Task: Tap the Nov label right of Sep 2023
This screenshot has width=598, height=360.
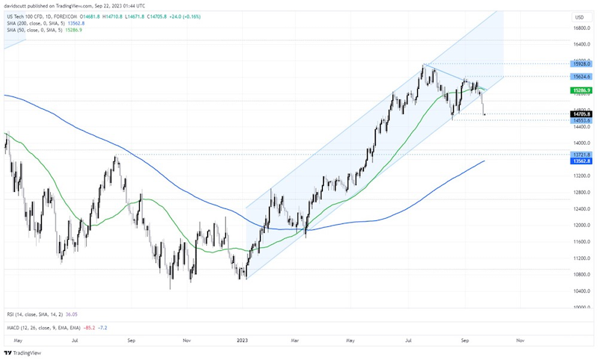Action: click(520, 339)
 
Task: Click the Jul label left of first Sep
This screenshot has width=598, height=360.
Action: click(75, 339)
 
